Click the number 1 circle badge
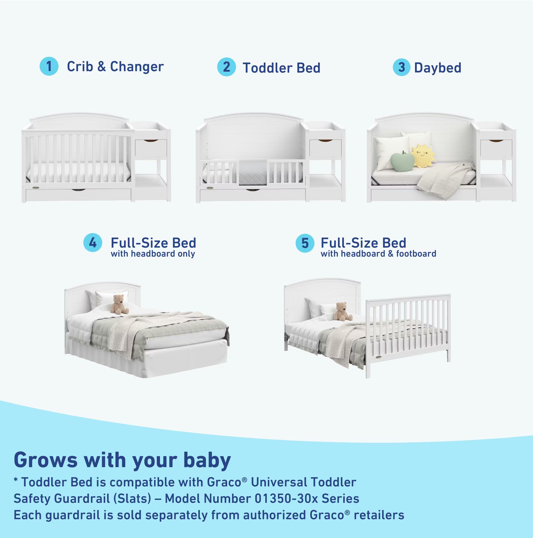click(49, 67)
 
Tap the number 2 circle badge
click(226, 67)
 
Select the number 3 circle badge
click(402, 67)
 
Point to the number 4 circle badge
click(93, 243)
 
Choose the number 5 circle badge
click(305, 243)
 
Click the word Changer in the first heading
click(137, 67)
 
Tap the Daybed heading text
click(437, 68)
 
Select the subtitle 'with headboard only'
click(153, 254)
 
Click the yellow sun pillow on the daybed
click(423, 156)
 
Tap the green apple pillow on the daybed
click(402, 162)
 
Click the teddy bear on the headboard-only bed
click(119, 304)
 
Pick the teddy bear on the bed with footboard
click(342, 311)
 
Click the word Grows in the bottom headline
click(46, 460)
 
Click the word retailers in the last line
click(379, 515)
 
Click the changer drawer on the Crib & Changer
click(151, 148)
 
